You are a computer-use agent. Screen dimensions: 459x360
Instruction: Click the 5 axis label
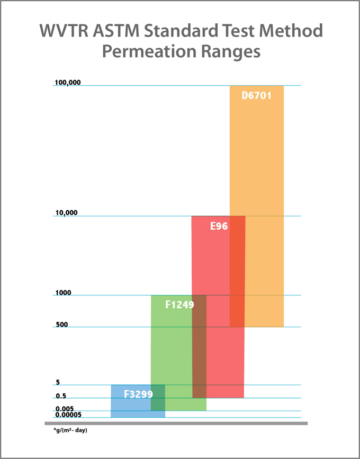[x=57, y=382]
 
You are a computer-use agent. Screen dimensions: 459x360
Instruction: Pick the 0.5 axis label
[x=60, y=395]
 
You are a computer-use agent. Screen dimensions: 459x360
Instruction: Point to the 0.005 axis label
[x=64, y=409]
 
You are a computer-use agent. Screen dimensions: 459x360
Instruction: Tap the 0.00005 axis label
[x=68, y=415]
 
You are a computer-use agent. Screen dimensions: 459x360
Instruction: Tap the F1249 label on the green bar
[x=179, y=305]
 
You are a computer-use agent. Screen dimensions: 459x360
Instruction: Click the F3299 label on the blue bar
[x=138, y=394]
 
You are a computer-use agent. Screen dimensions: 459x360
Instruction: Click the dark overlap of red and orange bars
[x=237, y=271]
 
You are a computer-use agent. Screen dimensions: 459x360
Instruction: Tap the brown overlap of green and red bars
[x=199, y=346]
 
